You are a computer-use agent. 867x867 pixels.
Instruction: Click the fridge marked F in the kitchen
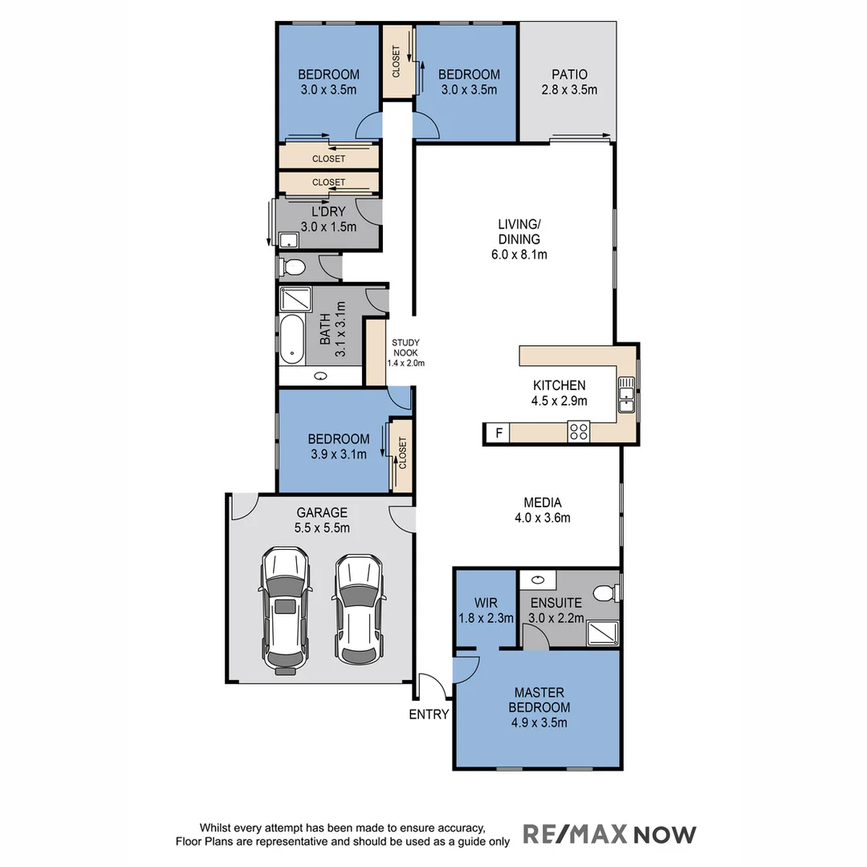coord(498,433)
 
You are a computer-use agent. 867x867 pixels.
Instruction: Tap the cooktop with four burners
coord(578,431)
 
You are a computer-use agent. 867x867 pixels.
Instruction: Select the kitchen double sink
coord(626,393)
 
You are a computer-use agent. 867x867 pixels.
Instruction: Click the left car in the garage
coord(285,608)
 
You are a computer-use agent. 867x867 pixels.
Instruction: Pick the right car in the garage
coord(358,608)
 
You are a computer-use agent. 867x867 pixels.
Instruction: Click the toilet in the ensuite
coord(604,592)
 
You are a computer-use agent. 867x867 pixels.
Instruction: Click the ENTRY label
coord(429,714)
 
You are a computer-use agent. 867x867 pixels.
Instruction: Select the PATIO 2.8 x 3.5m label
coord(569,82)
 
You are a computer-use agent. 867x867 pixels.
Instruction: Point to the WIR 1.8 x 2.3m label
coord(485,610)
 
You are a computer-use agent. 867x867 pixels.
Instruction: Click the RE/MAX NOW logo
coord(610,834)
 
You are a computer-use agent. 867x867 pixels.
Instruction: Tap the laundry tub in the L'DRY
coord(287,239)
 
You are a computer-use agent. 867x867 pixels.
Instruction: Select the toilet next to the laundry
coord(293,267)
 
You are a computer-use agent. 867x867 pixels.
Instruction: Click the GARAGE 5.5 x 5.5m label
coord(322,520)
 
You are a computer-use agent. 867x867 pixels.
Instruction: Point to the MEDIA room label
coord(542,511)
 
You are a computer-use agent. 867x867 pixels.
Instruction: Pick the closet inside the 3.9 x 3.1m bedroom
coord(401,454)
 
